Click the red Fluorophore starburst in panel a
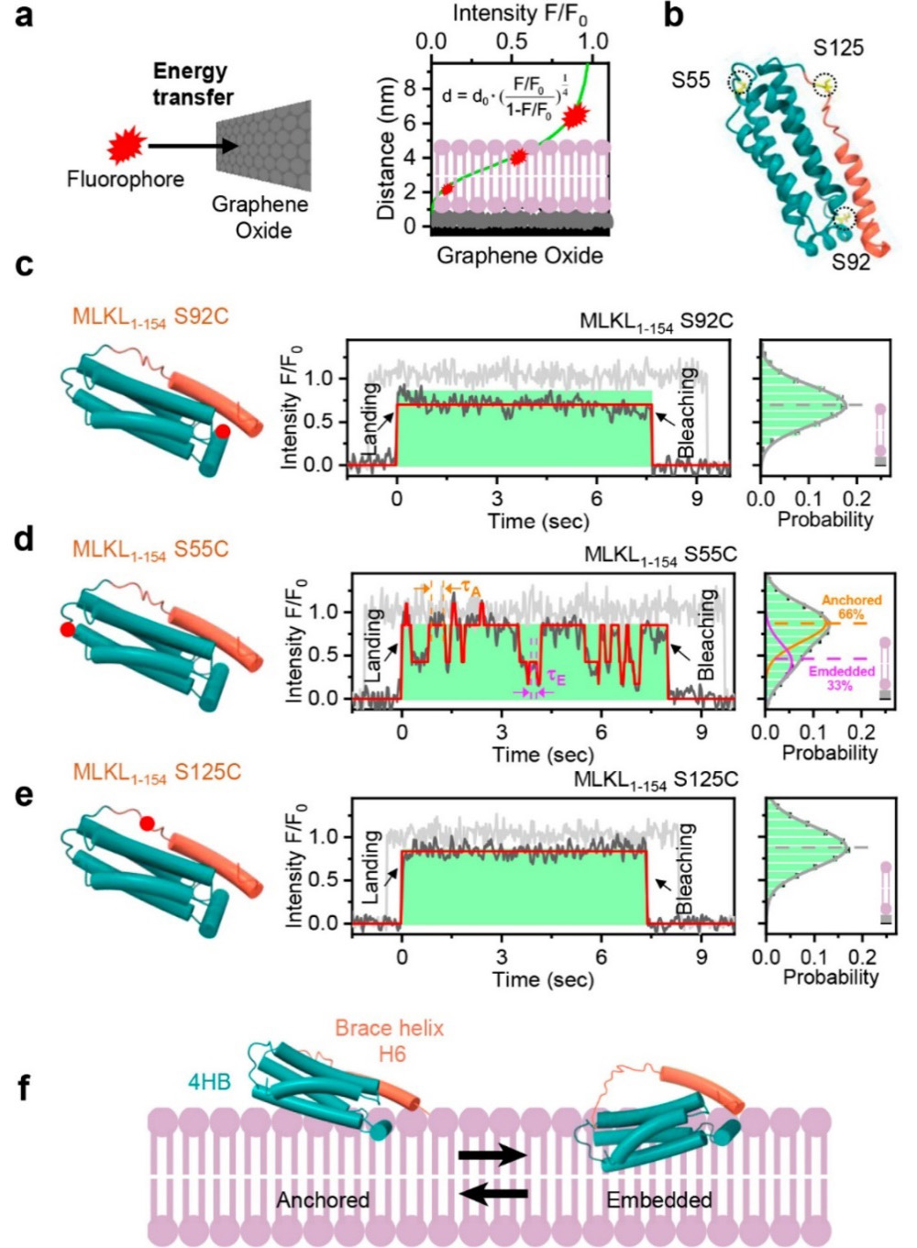click(x=127, y=144)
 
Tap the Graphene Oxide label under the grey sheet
click(x=260, y=216)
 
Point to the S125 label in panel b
click(x=838, y=48)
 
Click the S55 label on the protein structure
click(x=691, y=80)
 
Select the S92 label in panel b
click(x=851, y=262)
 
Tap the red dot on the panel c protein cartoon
click(x=222, y=430)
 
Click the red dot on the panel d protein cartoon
click(x=67, y=629)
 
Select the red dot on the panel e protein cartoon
click(x=147, y=823)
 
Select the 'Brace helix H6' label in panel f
click(x=389, y=1041)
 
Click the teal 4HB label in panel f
click(x=209, y=1082)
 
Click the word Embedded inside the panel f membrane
click(x=658, y=1199)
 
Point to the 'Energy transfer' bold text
click(x=193, y=83)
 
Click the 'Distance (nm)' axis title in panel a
click(x=386, y=149)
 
